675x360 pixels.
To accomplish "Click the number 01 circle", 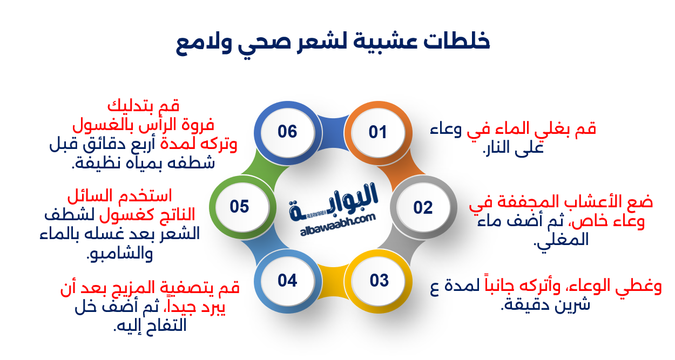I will [378, 132].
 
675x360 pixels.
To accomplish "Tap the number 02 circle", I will [423, 207].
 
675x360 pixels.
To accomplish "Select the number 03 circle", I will [379, 281].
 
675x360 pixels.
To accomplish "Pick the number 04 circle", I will [287, 281].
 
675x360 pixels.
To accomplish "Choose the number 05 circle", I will [240, 207].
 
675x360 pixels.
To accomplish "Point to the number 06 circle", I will [287, 132].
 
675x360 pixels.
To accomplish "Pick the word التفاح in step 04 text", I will [162, 325].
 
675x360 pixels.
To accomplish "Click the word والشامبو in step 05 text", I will [120, 253].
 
